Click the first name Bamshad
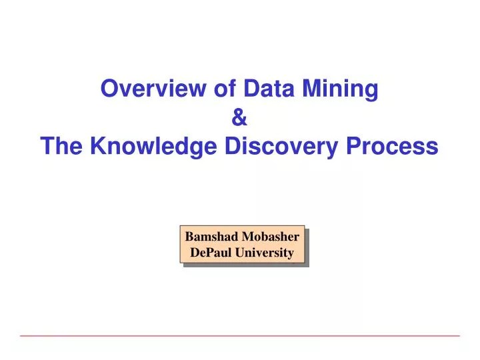[213, 236]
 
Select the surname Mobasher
[271, 236]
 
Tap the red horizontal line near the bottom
[240, 335]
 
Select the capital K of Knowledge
[97, 146]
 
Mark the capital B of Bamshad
[189, 236]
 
